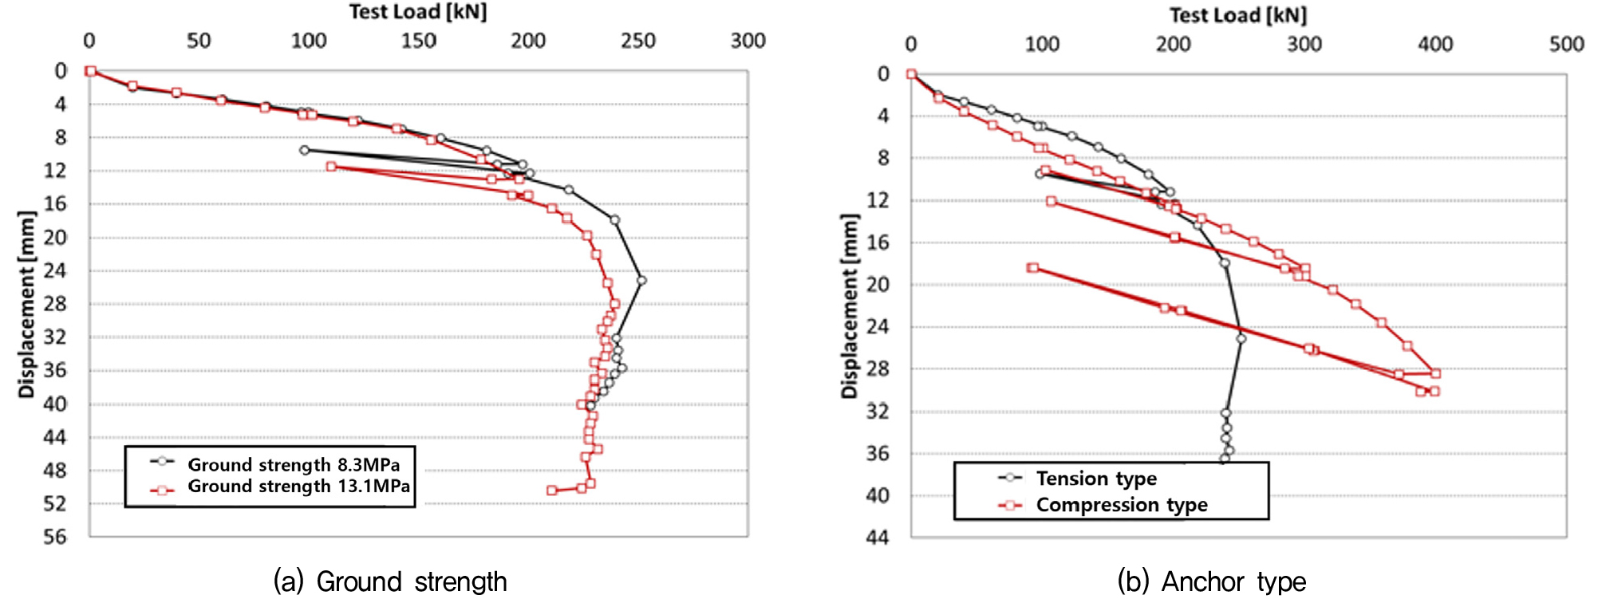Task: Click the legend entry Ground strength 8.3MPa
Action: click(x=293, y=464)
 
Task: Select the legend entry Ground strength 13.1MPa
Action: click(x=298, y=486)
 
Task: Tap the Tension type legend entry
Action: click(x=1095, y=479)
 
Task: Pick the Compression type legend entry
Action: click(x=1121, y=505)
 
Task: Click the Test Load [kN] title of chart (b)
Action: click(x=1237, y=15)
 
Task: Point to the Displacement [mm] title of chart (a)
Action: click(x=27, y=304)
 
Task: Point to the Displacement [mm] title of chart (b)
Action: click(x=849, y=306)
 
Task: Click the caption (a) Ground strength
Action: click(x=390, y=581)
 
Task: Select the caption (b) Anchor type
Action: click(x=1211, y=581)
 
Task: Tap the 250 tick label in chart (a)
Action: click(x=637, y=41)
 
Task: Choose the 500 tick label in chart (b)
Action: click(x=1566, y=44)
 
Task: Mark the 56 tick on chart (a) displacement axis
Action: click(x=55, y=537)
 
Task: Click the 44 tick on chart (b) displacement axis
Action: click(x=877, y=538)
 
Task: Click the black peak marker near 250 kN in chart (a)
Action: click(x=641, y=280)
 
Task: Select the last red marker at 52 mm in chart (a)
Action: click(x=551, y=490)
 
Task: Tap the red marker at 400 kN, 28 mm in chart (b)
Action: click(x=1435, y=372)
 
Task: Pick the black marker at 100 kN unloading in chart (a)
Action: click(x=304, y=150)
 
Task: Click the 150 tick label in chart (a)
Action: click(x=418, y=41)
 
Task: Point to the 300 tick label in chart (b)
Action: click(x=1304, y=44)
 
